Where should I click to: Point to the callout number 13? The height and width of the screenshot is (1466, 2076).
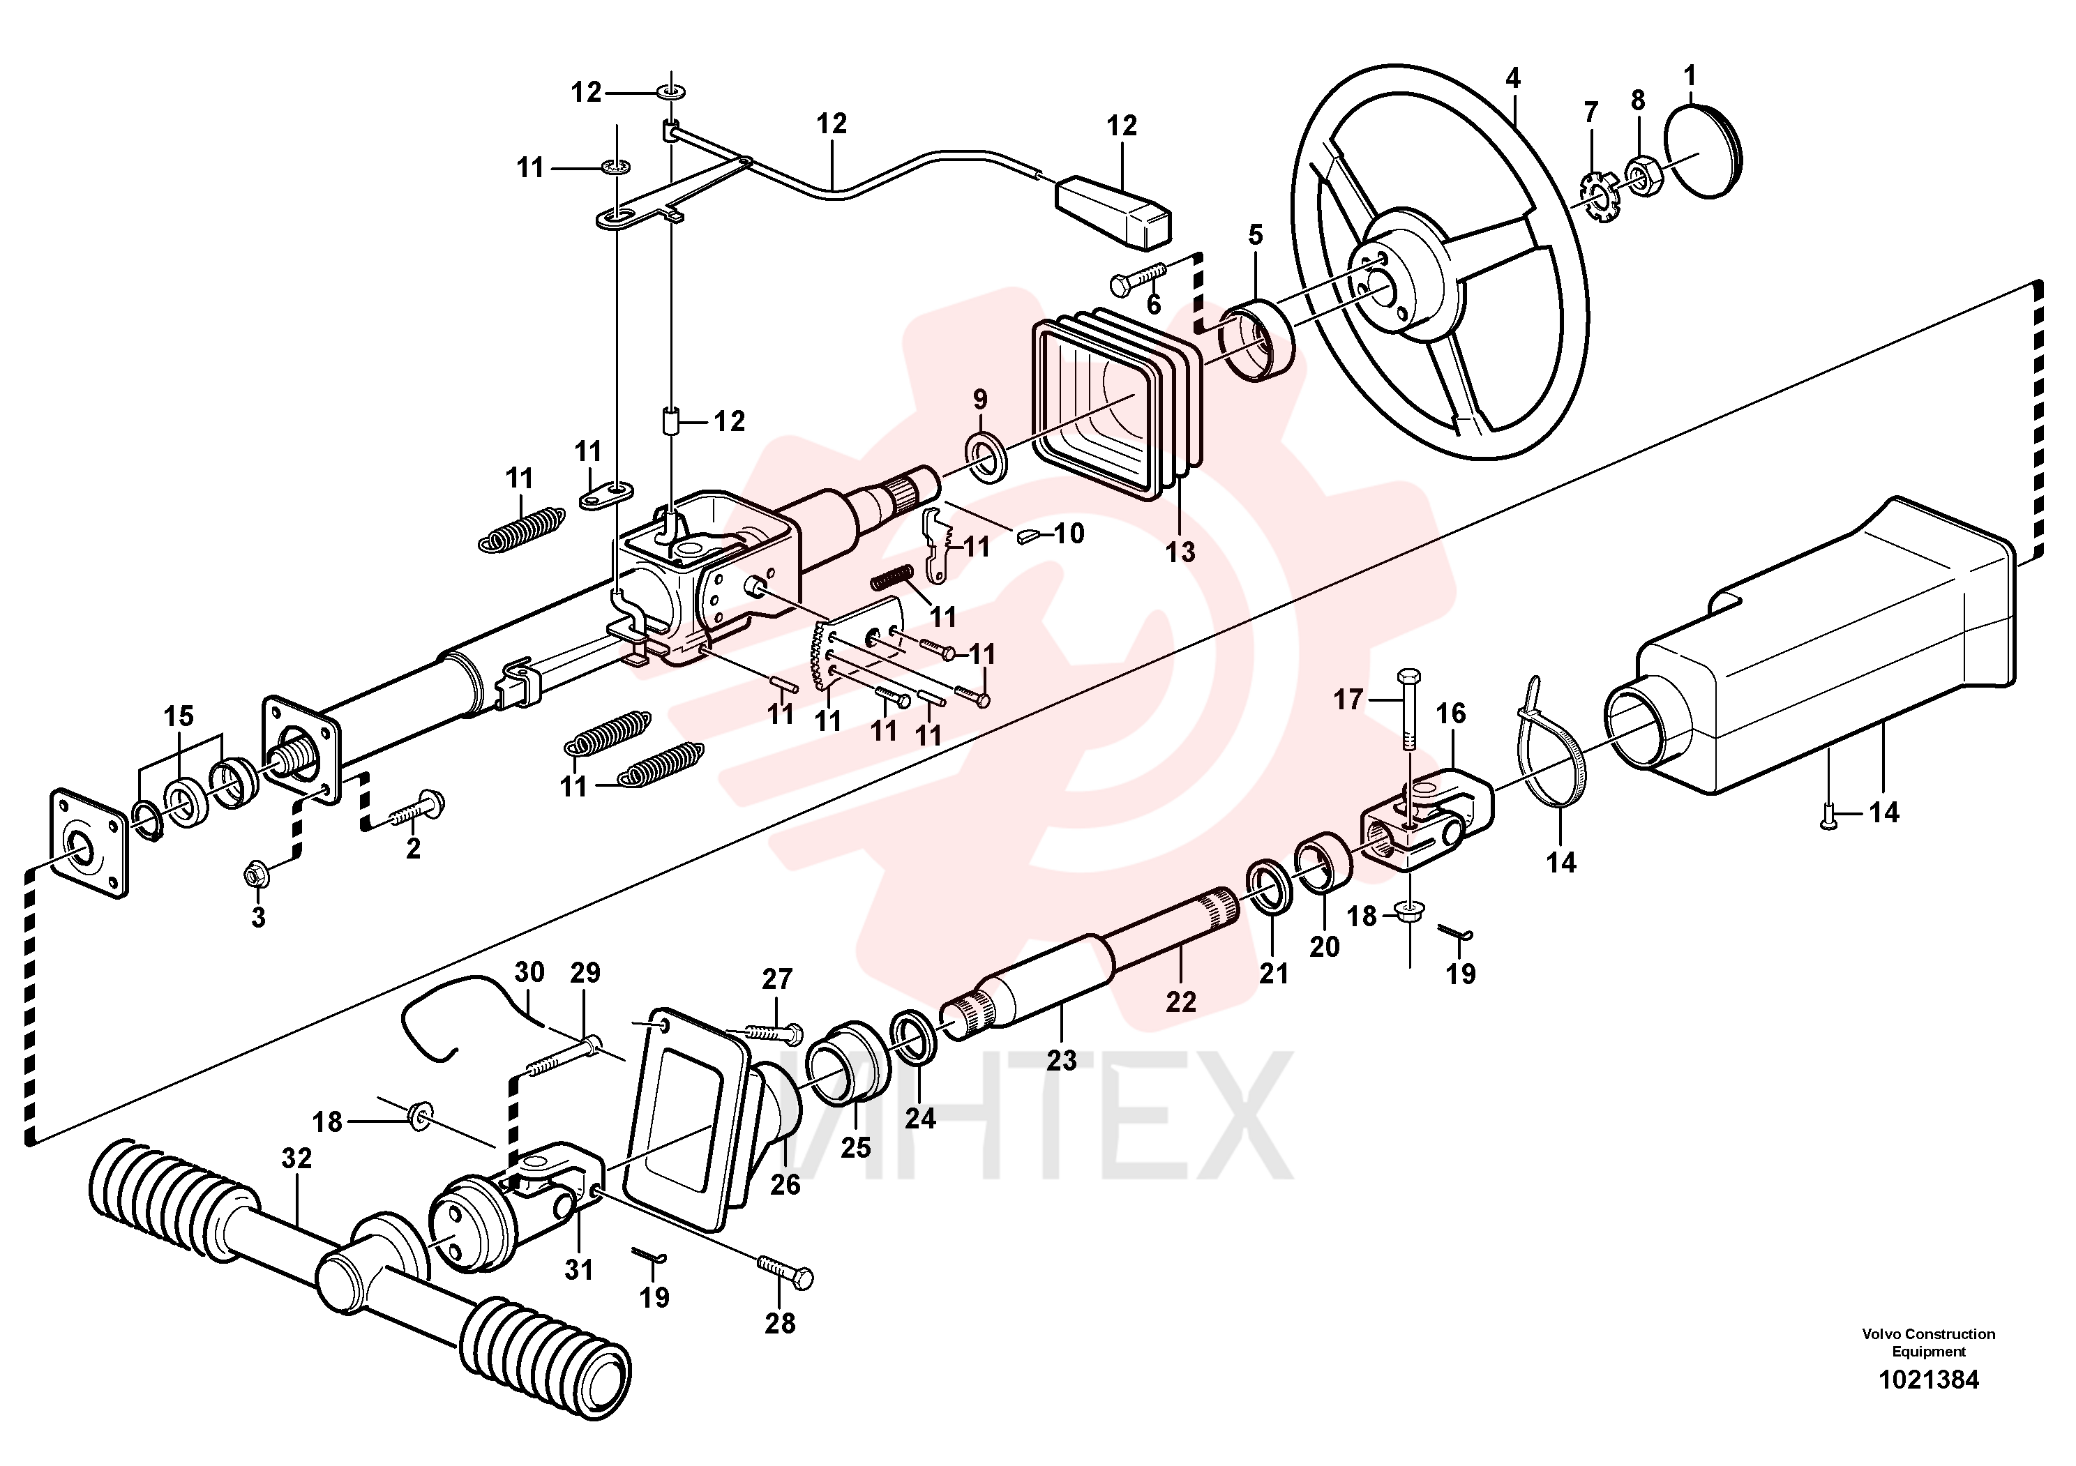[1180, 552]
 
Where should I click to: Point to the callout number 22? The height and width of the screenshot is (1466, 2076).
[1181, 1002]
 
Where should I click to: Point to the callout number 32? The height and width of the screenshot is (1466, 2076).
[296, 1158]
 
